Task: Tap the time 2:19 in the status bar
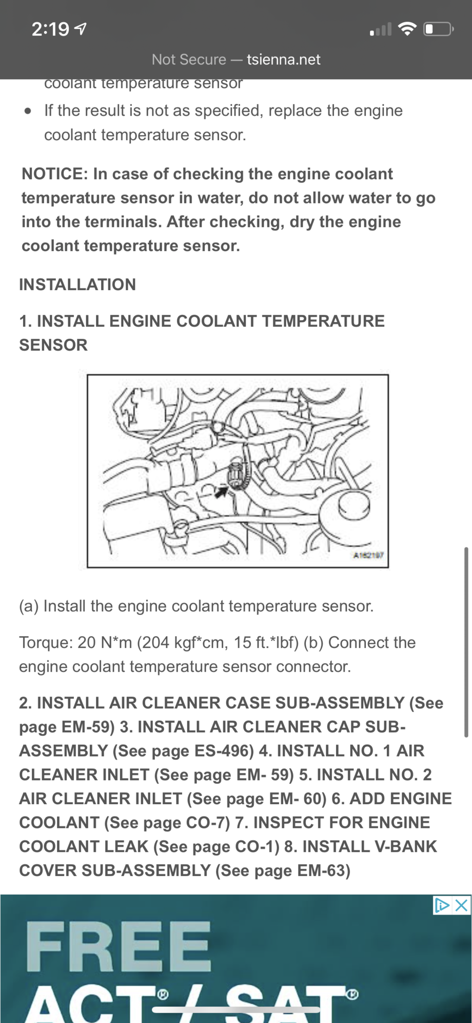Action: pyautogui.click(x=50, y=29)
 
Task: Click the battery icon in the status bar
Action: pyautogui.click(x=438, y=29)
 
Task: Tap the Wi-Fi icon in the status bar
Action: pyautogui.click(x=407, y=29)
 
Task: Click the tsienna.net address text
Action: pyautogui.click(x=283, y=60)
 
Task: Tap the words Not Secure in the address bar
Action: pyautogui.click(x=189, y=60)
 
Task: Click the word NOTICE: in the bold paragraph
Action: pyautogui.click(x=55, y=174)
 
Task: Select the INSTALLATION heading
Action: pyautogui.click(x=77, y=285)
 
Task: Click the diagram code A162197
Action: pyautogui.click(x=368, y=555)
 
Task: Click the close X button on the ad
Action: pyautogui.click(x=462, y=905)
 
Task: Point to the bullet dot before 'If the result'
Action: pyautogui.click(x=28, y=111)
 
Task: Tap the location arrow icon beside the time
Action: pyautogui.click(x=81, y=29)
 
